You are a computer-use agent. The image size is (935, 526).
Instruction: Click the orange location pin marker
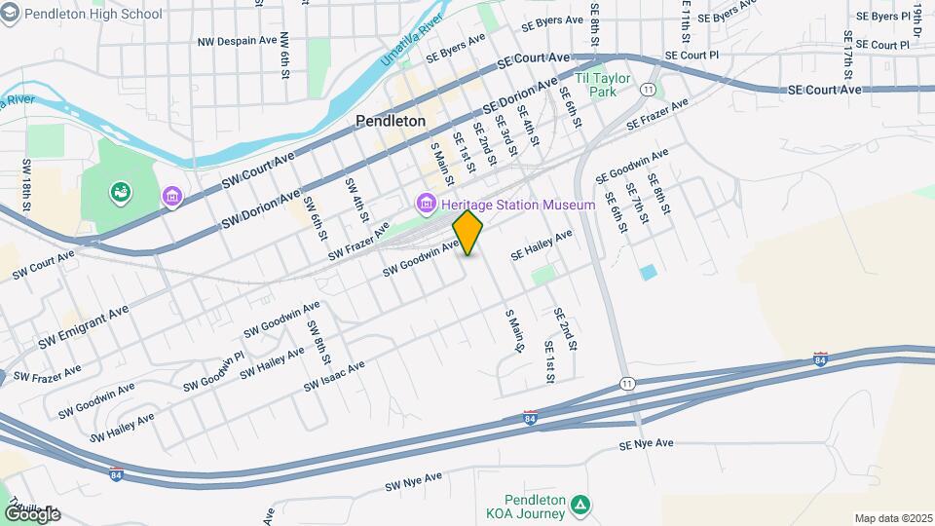467,233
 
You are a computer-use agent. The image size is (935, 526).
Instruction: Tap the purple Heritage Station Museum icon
425,205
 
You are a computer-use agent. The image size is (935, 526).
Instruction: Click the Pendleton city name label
391,122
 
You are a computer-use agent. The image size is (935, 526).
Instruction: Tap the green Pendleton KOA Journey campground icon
580,504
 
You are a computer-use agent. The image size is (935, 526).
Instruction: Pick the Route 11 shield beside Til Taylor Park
648,89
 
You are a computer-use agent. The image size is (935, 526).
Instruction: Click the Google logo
31,513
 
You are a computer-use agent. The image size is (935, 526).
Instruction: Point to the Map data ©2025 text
892,518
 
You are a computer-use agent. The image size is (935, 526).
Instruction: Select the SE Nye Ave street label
646,444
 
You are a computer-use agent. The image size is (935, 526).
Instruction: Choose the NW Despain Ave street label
238,41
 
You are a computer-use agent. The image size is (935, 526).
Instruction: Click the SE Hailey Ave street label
542,244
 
